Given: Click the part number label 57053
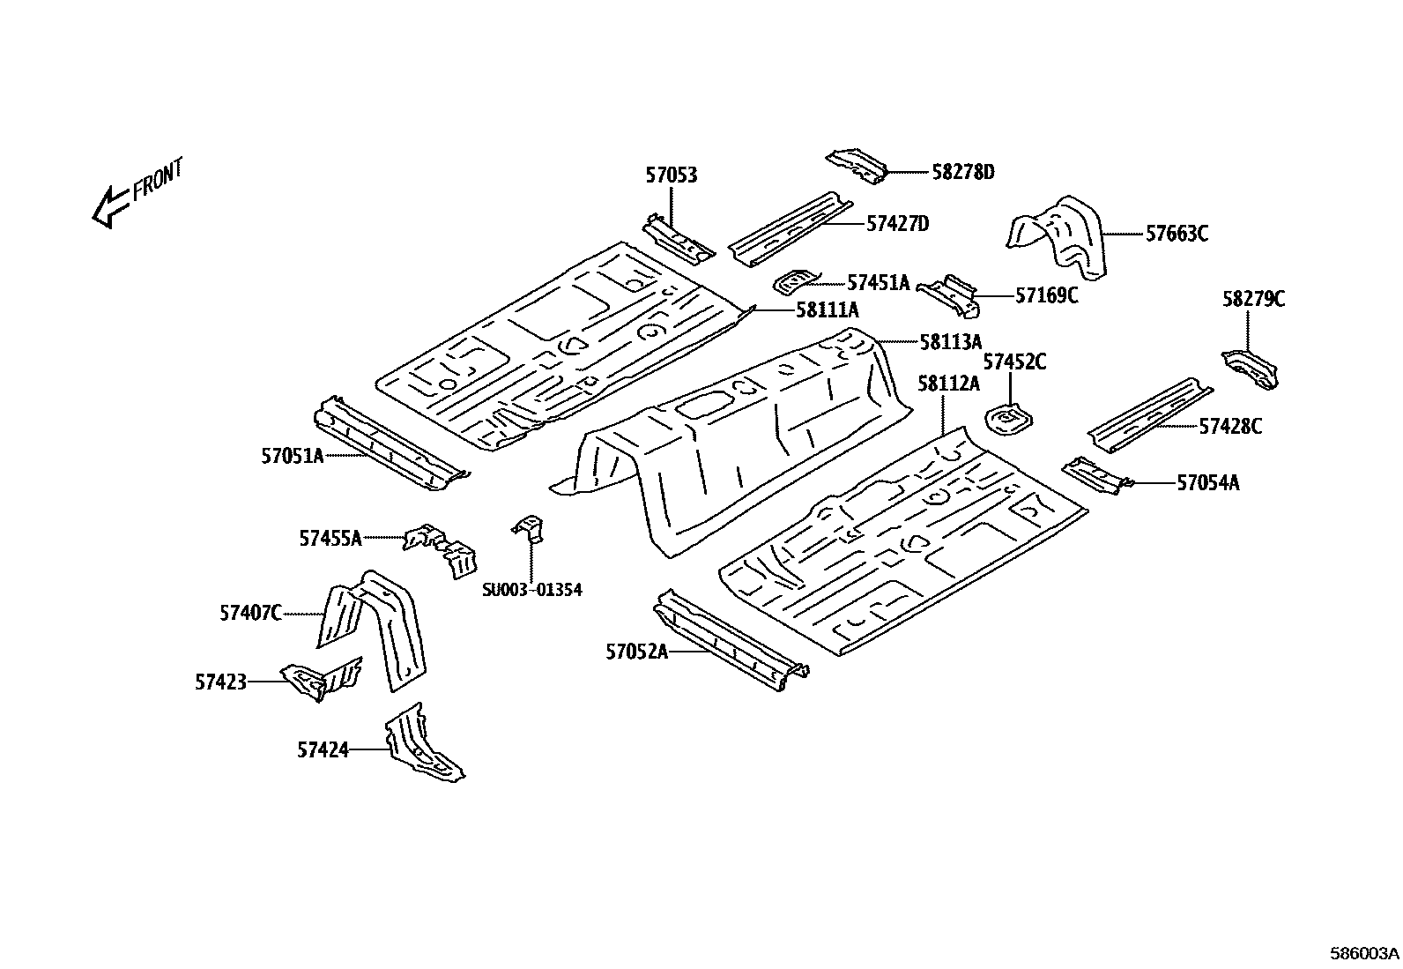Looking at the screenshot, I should click(671, 175).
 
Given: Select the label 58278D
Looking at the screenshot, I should click(962, 172).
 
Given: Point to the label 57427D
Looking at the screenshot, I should click(897, 224).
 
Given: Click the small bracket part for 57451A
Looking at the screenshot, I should click(796, 281).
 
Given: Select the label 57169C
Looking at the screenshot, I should click(1046, 295).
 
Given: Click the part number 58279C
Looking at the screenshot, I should click(1252, 300).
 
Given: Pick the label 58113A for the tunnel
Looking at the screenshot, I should click(950, 341).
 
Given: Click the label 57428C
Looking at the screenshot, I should click(1229, 427).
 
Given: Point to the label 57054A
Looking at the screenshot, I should click(1207, 482).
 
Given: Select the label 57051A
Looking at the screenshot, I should click(292, 456).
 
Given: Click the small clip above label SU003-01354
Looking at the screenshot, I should click(531, 526).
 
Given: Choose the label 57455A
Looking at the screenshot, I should click(330, 538).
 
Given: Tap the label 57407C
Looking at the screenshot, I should click(250, 612).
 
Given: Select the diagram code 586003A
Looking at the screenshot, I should click(1364, 953).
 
